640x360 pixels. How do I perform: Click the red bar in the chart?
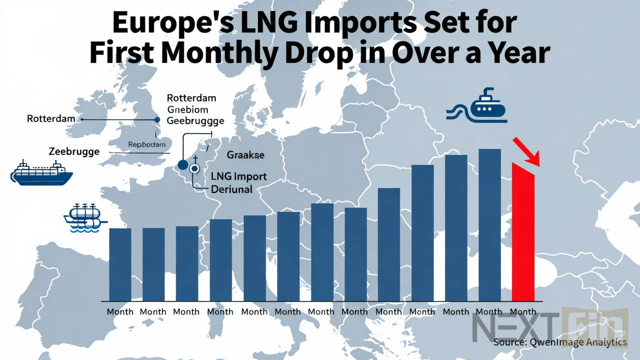pyautogui.click(x=523, y=235)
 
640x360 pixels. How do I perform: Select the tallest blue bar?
pyautogui.click(x=489, y=225)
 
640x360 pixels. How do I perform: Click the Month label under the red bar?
pyautogui.click(x=523, y=311)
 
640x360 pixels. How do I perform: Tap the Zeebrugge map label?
pyautogui.click(x=74, y=151)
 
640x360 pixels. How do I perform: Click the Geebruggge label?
pyautogui.click(x=195, y=120)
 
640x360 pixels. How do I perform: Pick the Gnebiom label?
pyautogui.click(x=187, y=109)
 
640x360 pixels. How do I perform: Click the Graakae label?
pyautogui.click(x=245, y=155)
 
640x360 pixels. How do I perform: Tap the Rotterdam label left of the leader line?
pyautogui.click(x=50, y=119)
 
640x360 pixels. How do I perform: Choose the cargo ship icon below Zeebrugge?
pyautogui.click(x=42, y=173)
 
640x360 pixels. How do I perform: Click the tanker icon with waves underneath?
pyautogui.click(x=84, y=218)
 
